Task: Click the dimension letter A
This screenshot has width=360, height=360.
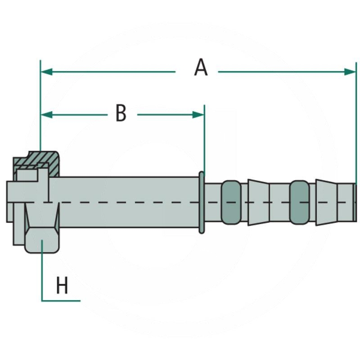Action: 201,68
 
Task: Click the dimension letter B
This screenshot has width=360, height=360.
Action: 121,113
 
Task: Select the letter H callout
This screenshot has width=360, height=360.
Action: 62,286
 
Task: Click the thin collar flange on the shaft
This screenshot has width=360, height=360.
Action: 202,202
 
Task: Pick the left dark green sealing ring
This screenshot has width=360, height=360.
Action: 231,202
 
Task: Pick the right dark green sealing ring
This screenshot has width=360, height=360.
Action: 299,202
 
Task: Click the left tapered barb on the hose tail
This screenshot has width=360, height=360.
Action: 258,202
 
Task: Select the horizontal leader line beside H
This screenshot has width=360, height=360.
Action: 61,300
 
